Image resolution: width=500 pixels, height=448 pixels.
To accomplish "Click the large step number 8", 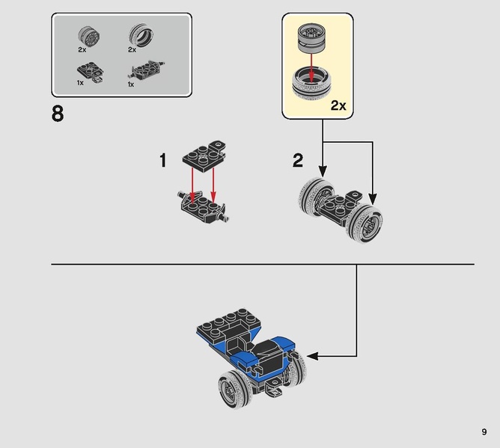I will (58, 115).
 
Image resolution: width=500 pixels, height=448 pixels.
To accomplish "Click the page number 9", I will (484, 432).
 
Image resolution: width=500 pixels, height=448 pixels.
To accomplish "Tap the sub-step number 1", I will (164, 160).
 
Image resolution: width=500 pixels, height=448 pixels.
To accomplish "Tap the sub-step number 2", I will (298, 160).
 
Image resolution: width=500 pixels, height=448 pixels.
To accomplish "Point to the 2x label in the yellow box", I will (338, 105).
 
